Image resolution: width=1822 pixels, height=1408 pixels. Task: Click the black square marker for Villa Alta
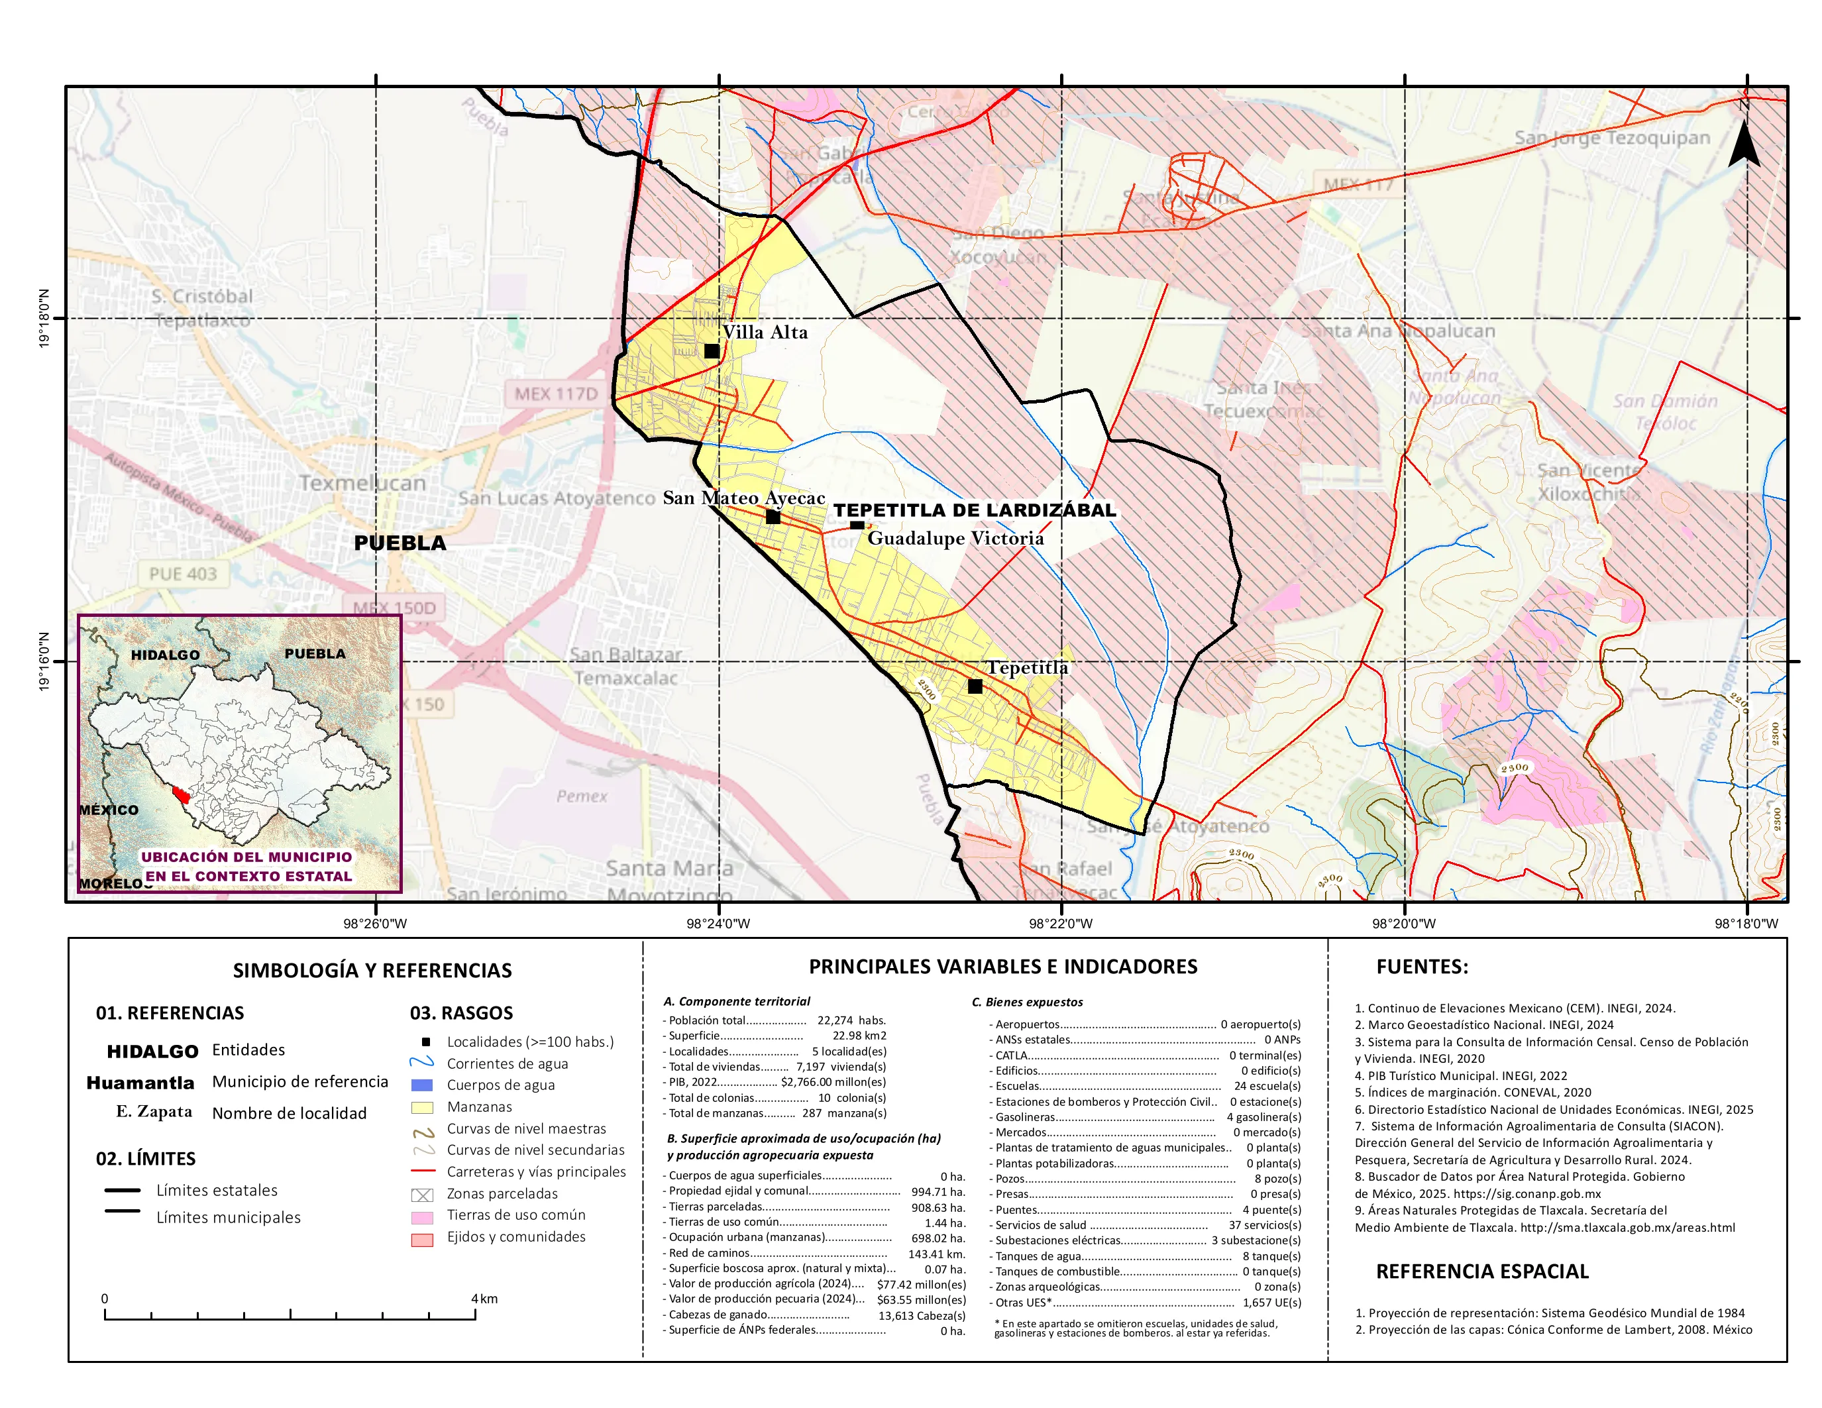712,351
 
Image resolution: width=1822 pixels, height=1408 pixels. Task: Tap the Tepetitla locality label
1027,667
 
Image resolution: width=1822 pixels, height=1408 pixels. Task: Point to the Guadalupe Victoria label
955,538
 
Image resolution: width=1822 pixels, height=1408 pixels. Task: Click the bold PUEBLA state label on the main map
400,543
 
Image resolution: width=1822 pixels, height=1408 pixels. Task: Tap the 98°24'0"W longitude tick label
718,924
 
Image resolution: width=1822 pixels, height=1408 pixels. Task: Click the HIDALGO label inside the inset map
165,655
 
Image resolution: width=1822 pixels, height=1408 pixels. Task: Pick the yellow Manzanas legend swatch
422,1107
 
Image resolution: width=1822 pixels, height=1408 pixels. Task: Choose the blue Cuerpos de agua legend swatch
422,1085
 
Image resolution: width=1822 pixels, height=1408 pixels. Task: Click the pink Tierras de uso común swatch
422,1218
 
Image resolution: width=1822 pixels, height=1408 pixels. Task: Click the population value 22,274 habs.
851,1020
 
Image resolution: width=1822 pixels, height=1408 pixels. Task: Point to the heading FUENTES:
1422,967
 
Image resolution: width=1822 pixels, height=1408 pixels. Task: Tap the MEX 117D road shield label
556,394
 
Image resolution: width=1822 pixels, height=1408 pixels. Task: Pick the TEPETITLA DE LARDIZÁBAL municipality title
975,510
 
